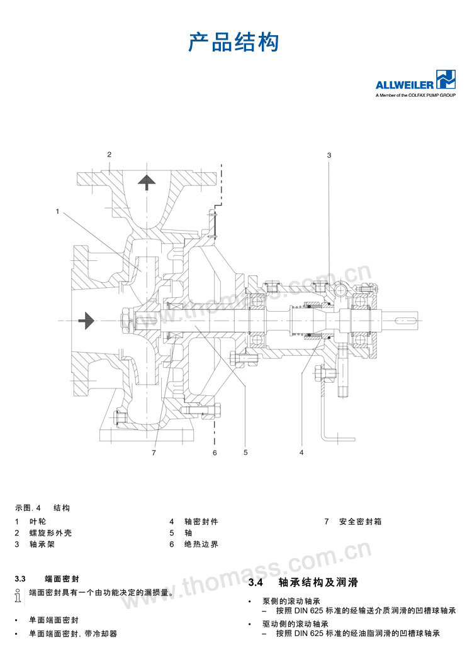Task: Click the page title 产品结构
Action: coord(233,42)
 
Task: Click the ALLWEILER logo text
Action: coord(405,85)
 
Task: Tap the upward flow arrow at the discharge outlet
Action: coord(147,182)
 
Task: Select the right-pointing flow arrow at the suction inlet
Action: coord(87,321)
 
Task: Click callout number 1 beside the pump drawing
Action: coord(57,211)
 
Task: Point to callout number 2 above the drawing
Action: coord(109,155)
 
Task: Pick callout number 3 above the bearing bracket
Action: coord(329,155)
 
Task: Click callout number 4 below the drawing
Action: coord(301,452)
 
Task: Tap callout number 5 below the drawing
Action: coord(245,452)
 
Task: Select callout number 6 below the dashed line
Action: coord(215,453)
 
